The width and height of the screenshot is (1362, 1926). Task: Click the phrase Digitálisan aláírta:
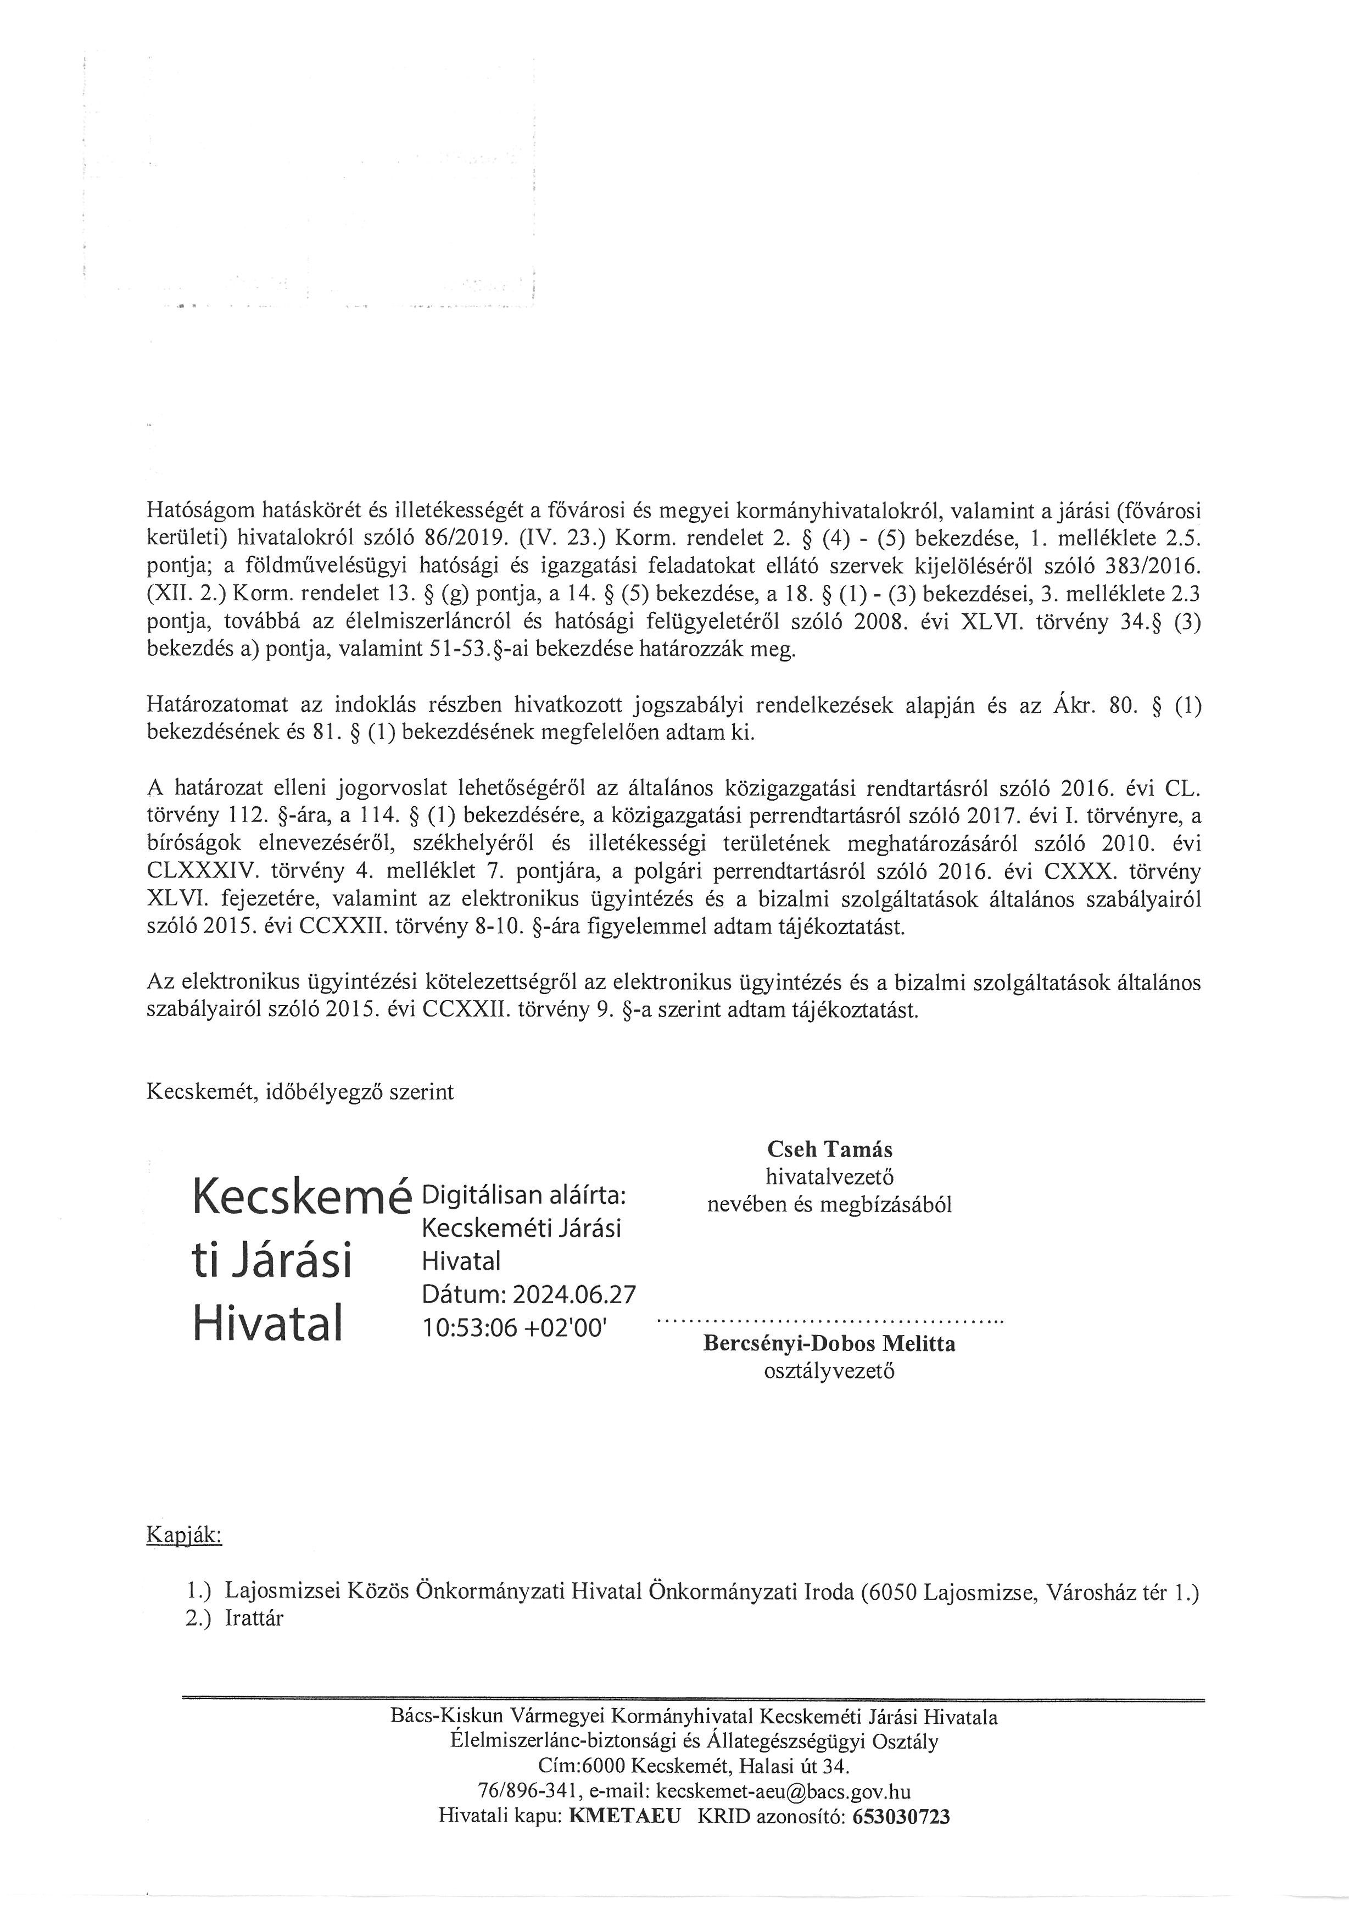coord(527,1194)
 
